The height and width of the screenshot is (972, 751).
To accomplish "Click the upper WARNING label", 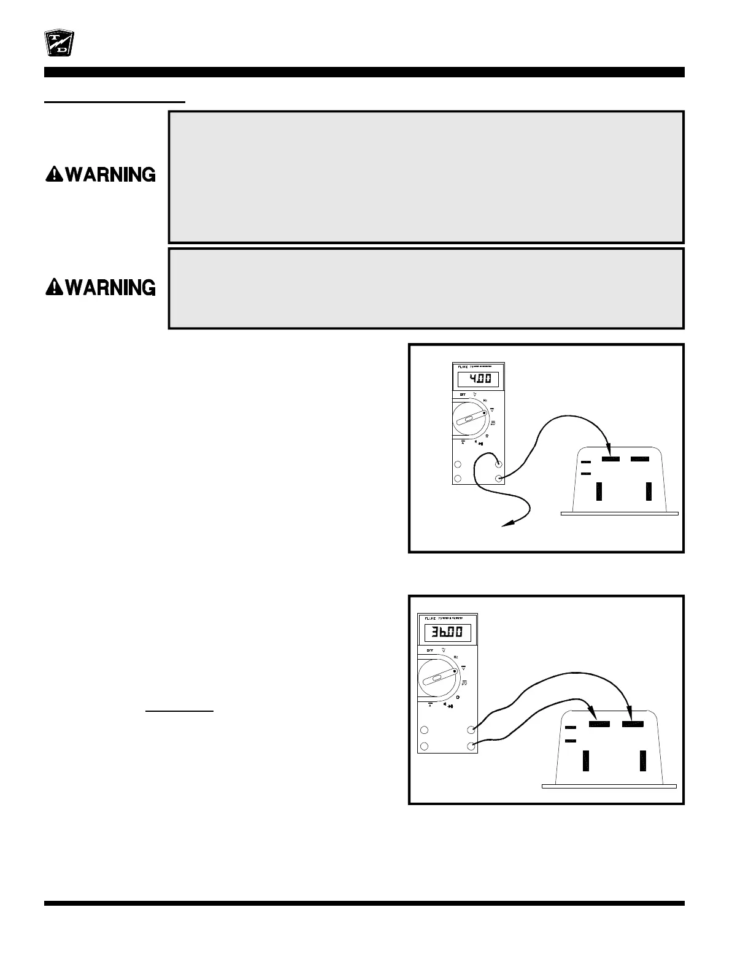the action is (101, 175).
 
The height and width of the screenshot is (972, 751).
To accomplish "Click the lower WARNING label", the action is (101, 287).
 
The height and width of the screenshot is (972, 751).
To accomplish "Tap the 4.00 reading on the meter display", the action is (478, 379).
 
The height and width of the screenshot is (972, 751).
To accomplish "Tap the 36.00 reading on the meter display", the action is (447, 632).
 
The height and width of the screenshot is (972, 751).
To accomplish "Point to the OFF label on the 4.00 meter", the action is (463, 395).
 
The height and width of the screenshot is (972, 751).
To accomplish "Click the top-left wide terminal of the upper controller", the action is (610, 459).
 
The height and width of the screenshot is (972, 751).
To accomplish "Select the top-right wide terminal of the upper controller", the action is (640, 459).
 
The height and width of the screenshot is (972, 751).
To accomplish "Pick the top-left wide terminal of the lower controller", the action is (599, 725).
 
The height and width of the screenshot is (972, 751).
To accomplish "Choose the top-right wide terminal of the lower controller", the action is (633, 725).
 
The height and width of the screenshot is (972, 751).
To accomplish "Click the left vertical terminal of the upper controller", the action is (599, 492).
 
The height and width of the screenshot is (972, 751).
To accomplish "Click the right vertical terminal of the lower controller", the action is (642, 760).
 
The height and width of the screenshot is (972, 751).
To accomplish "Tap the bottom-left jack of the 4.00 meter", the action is (458, 479).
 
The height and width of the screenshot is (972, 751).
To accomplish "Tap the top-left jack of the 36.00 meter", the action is (424, 730).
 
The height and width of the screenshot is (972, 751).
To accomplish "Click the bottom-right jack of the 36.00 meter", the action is (471, 746).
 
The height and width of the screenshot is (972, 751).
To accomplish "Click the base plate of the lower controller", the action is (609, 785).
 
